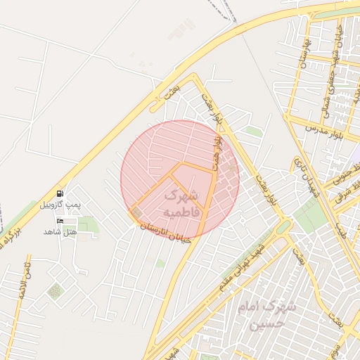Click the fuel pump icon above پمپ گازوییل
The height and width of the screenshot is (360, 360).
(59, 193)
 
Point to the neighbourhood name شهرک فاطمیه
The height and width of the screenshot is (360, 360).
(181, 202)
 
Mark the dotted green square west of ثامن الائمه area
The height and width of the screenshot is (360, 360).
(55, 290)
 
